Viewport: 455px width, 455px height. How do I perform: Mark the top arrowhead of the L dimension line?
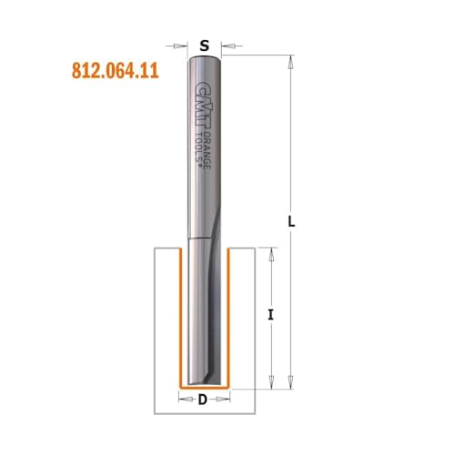(x=289, y=64)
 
